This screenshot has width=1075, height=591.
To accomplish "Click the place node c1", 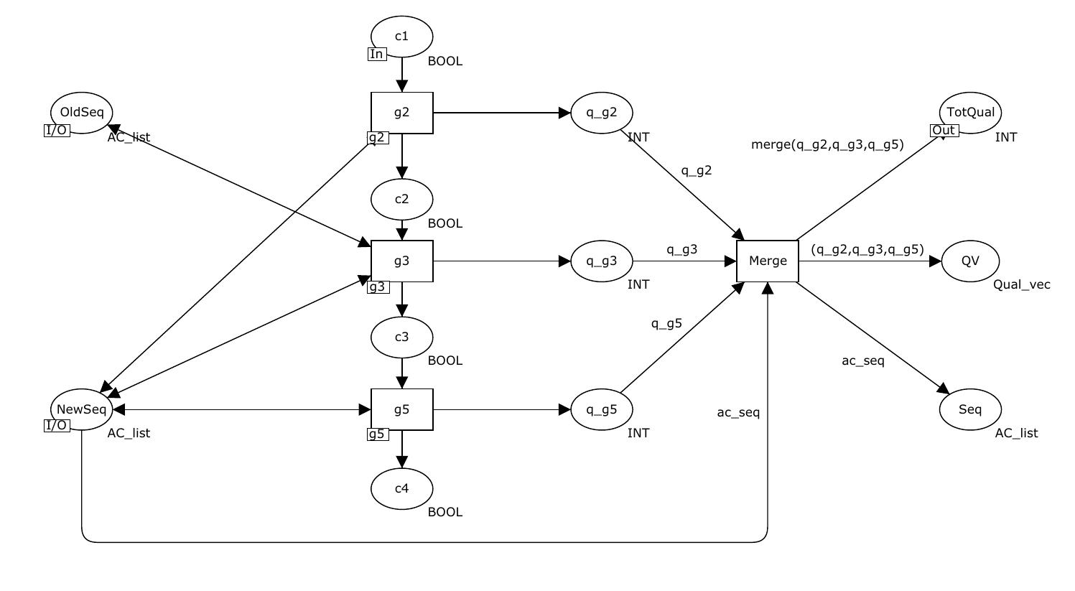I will pos(401,36).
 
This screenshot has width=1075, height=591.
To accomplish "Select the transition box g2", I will pos(401,113).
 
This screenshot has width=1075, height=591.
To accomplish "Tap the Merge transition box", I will pos(768,261).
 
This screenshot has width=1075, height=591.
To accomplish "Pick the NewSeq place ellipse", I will pos(82,409).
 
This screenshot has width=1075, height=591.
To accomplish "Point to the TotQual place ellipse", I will pos(970,112).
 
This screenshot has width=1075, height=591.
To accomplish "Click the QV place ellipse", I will pos(970,261).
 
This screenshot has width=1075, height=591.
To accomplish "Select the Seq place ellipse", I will pos(970,409).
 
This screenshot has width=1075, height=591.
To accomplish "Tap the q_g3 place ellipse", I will pos(602,261).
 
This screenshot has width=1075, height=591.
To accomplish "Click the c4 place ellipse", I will pos(401,488).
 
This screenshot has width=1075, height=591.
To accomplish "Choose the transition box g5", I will pos(401,409).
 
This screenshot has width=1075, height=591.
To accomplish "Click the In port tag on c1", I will pos(376,54).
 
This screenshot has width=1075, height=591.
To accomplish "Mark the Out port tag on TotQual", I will pos(944,130).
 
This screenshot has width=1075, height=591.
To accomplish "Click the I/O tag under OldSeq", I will pos(57,130).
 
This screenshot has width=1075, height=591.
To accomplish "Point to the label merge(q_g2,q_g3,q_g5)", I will pos(827,144).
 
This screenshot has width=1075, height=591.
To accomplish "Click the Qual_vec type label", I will pos(1021,284).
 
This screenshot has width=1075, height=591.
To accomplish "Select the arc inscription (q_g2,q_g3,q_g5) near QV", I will pos(867,250).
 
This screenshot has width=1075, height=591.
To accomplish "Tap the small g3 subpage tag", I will pos(377,287).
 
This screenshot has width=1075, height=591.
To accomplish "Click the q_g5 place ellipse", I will pos(602,409).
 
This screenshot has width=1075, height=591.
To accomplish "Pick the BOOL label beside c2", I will pos(445,223).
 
